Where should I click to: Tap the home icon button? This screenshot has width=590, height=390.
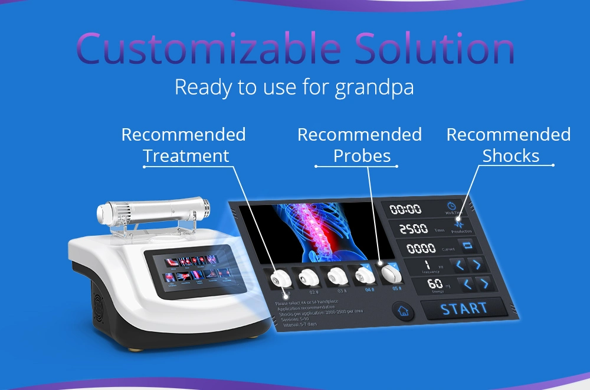tap(404, 311)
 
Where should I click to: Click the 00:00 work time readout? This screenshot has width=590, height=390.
tap(407, 209)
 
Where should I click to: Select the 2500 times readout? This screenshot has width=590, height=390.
tap(413, 229)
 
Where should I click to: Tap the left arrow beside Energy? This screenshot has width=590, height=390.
tap(467, 284)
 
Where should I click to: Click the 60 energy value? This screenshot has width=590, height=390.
tap(435, 284)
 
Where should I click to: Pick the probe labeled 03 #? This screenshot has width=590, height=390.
tap(336, 277)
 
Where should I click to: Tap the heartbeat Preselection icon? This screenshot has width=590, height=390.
tap(459, 225)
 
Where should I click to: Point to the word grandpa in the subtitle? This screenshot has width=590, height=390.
tap(374, 87)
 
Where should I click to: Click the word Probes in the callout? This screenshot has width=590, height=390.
tap(362, 155)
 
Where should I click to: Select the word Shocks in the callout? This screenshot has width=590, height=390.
tap(510, 155)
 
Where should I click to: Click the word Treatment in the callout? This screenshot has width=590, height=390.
tap(186, 155)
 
